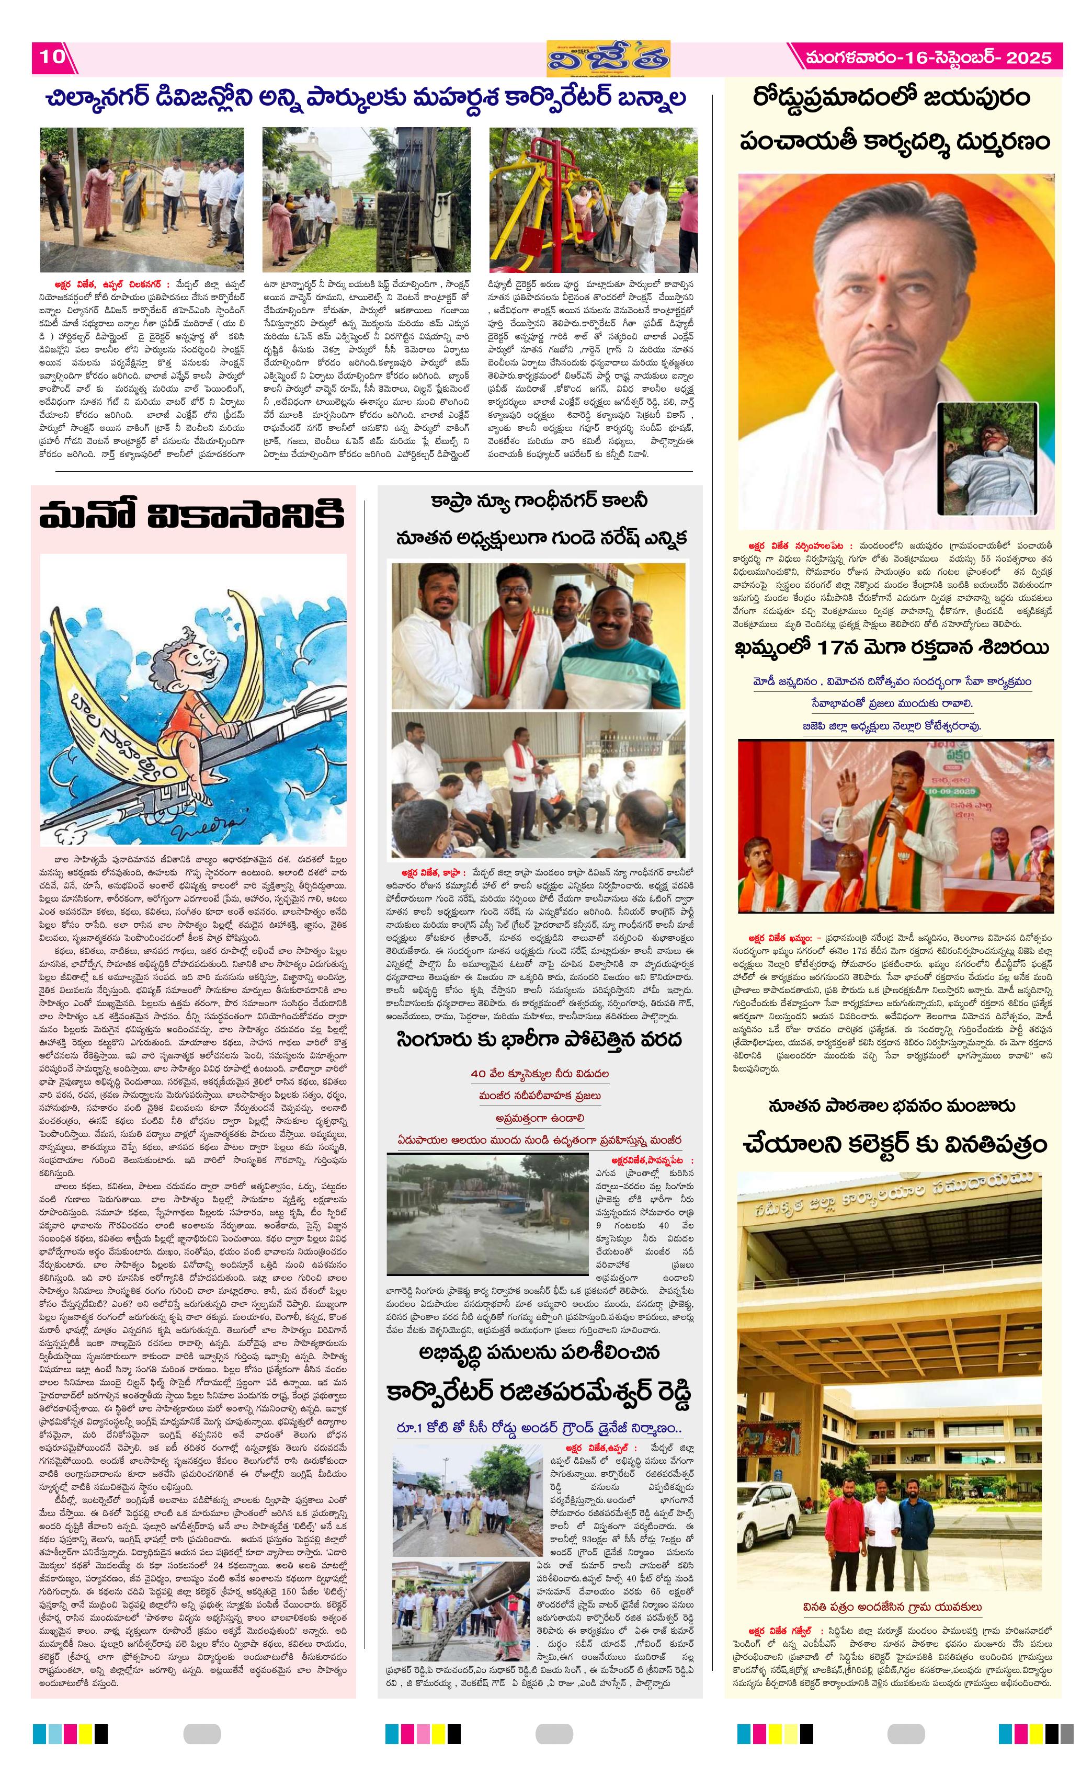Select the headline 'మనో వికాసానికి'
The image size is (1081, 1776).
tap(192, 517)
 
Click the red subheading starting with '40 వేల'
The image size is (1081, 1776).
tap(540, 1073)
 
